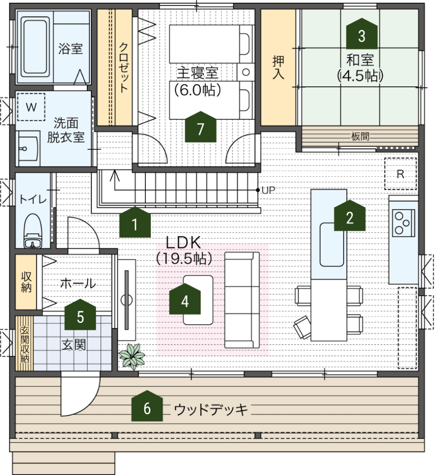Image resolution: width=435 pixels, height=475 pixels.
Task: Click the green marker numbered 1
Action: click(135, 222)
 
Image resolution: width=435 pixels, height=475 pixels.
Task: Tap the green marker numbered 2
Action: click(350, 215)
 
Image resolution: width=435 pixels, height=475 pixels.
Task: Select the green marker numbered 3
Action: click(362, 33)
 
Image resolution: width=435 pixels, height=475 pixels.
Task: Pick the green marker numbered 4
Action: click(185, 299)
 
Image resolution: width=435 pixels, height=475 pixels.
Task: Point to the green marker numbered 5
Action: click(80, 315)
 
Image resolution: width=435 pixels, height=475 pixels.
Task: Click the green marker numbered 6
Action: click(147, 406)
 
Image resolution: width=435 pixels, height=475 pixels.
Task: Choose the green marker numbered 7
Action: click(201, 127)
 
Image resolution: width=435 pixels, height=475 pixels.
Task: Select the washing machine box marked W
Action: click(31, 107)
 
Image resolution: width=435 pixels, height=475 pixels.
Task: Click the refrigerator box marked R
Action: click(401, 174)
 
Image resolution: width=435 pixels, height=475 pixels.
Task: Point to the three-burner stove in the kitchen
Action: click(403, 223)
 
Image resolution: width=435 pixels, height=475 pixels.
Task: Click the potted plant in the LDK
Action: click(131, 356)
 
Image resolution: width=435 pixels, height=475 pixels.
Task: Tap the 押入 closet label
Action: click(278, 67)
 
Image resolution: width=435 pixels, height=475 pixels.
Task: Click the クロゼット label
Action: click(123, 67)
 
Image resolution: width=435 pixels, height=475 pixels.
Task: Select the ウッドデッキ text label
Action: click(211, 410)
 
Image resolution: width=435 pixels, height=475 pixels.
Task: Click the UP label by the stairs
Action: click(268, 190)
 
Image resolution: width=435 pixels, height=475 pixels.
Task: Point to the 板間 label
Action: click(360, 137)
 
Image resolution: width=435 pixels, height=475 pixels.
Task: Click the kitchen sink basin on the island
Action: click(331, 244)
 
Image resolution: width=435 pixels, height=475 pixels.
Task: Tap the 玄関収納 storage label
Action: click(25, 344)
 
